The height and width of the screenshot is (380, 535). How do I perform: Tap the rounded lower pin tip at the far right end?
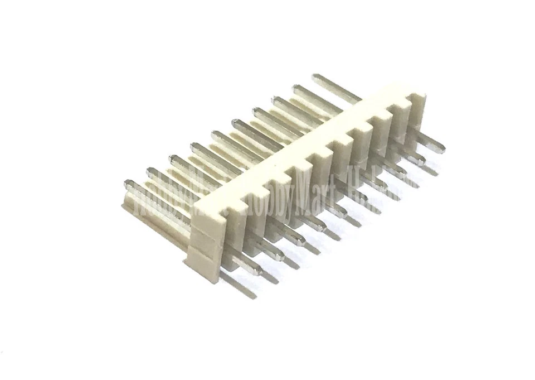click(x=440, y=148)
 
